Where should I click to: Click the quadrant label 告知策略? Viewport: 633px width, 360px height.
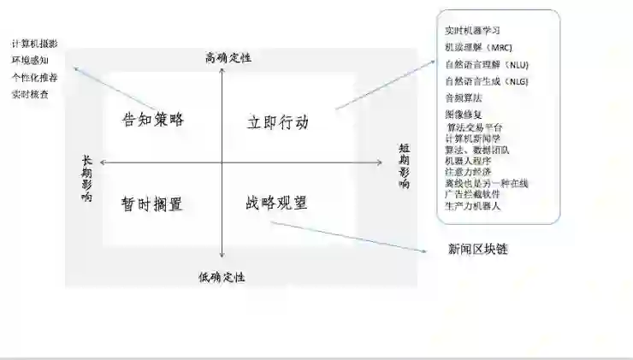(x=153, y=120)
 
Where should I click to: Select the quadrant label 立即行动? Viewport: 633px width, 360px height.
(x=271, y=121)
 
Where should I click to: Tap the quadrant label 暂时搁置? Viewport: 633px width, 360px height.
(x=152, y=204)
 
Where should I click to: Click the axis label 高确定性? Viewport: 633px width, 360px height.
(x=228, y=58)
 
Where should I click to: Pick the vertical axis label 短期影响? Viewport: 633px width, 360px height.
(x=404, y=166)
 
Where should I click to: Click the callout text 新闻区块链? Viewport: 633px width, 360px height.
(x=483, y=249)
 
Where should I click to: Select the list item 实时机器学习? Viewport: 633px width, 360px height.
(x=472, y=31)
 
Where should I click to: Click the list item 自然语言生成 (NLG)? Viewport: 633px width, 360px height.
(x=487, y=81)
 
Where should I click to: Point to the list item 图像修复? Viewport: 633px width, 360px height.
(x=463, y=114)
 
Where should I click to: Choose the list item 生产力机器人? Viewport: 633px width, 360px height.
(x=473, y=206)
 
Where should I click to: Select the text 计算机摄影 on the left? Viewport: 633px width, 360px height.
(x=35, y=44)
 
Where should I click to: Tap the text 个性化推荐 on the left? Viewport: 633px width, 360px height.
(x=35, y=77)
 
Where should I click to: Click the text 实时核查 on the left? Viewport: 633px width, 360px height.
(x=30, y=94)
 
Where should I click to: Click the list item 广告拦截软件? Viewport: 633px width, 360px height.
(x=473, y=194)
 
